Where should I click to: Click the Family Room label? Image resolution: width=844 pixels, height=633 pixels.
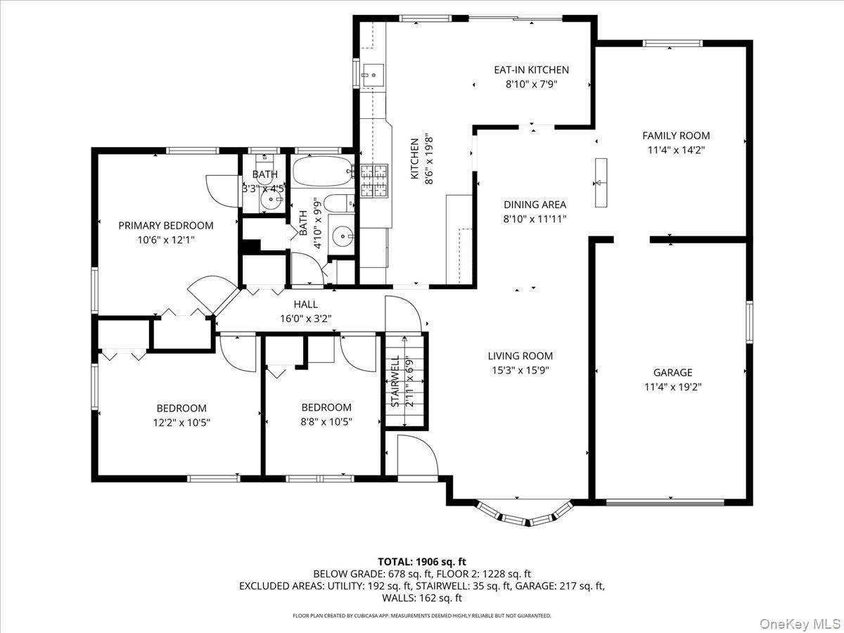point(676,136)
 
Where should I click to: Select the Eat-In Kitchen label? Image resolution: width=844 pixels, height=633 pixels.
point(531,70)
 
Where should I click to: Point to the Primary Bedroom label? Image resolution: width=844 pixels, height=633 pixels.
point(165,226)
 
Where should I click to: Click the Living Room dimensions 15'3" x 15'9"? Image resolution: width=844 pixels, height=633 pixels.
point(520,370)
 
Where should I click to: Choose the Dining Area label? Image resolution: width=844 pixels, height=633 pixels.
point(535,205)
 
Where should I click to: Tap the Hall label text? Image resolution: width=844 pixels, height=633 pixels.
point(305,305)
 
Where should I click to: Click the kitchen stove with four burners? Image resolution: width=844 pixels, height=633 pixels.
point(374,180)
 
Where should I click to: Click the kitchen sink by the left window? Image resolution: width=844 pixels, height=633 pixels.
point(373,72)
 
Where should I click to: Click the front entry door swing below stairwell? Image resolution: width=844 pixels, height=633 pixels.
point(415,454)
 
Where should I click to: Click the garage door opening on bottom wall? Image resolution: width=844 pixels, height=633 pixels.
point(665,502)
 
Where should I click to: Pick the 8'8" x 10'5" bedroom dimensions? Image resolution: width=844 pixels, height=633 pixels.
point(326,422)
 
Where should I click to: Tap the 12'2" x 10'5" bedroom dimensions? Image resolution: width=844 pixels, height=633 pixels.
point(181,423)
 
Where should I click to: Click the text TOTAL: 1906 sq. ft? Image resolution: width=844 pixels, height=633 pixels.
point(422,561)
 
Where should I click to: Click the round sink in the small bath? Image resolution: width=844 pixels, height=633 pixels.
point(269,201)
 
